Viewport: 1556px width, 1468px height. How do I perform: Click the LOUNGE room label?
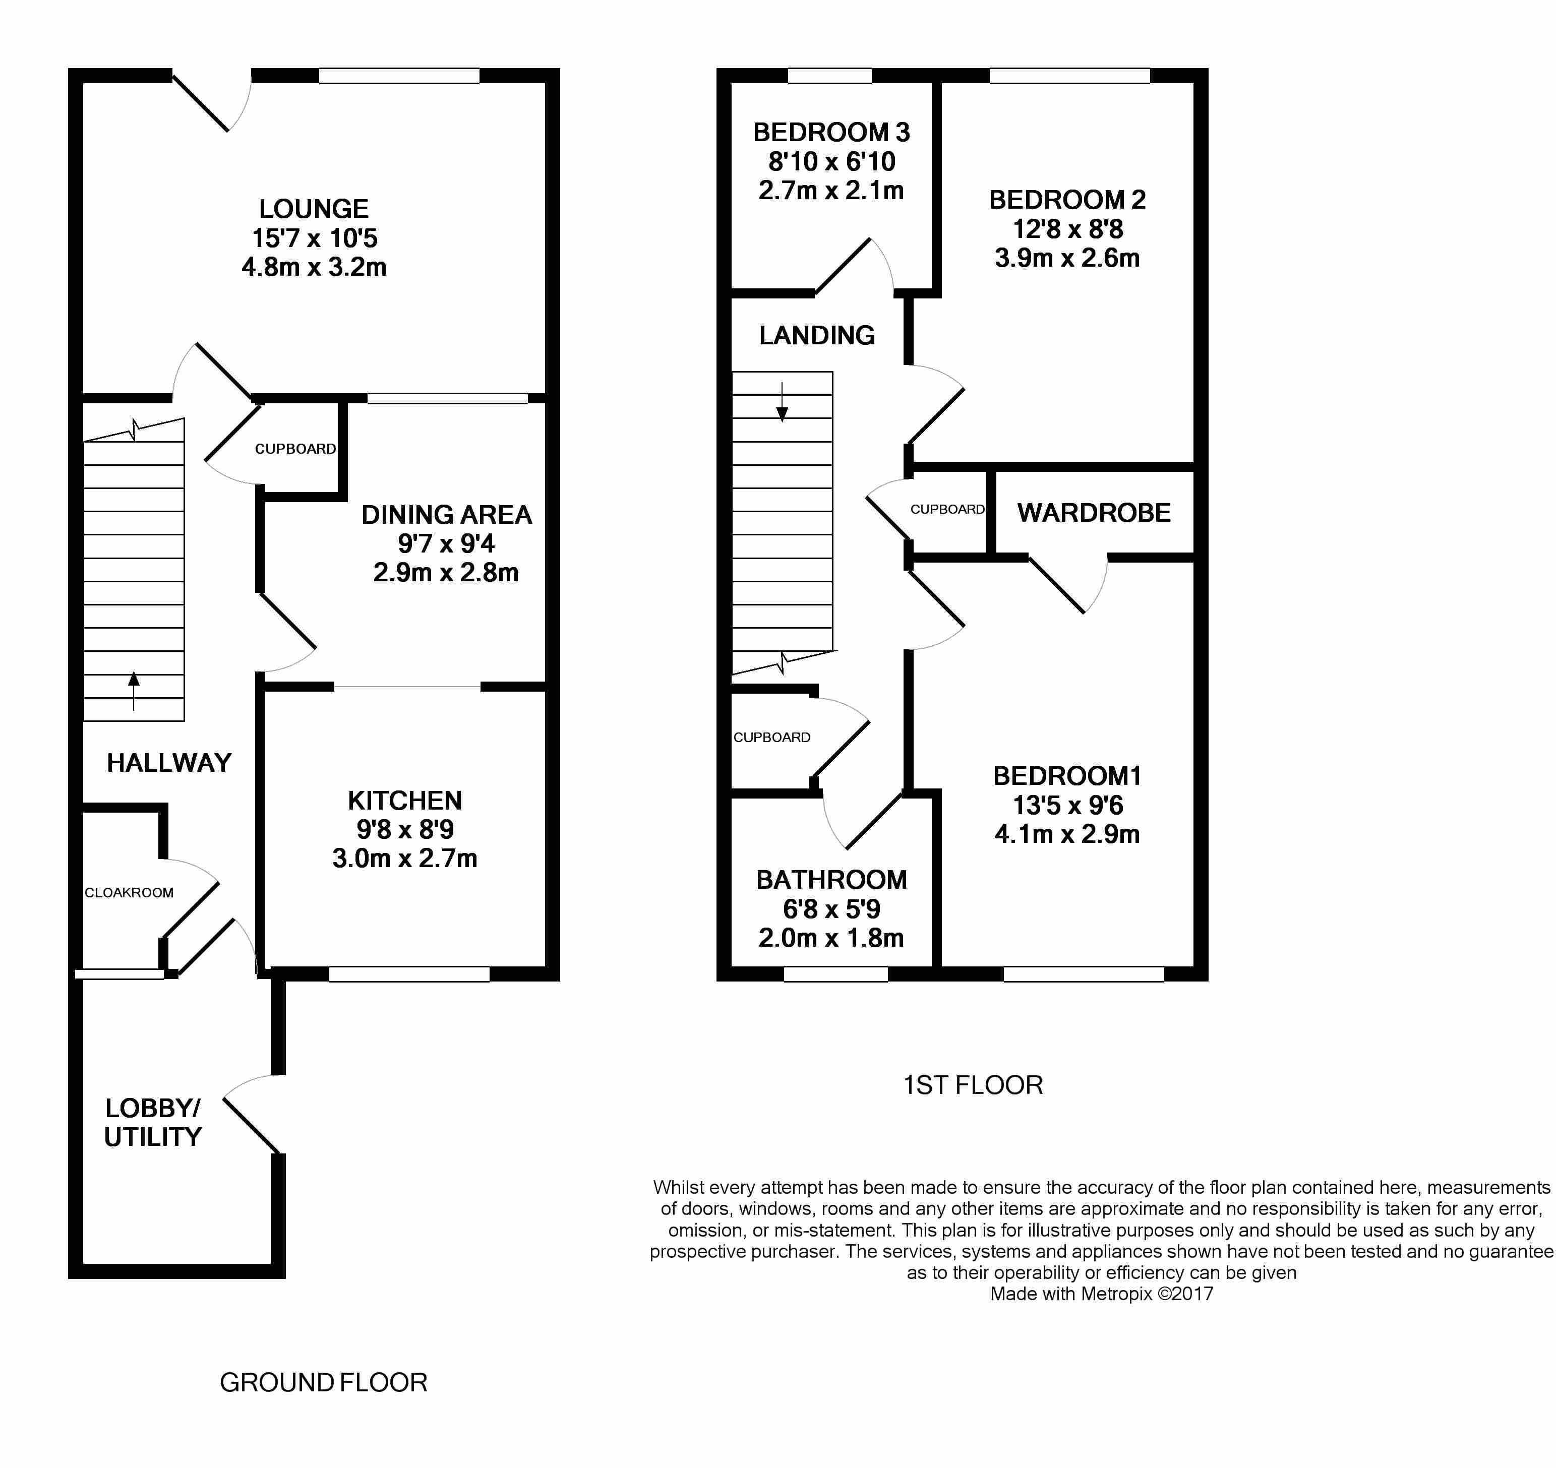314,209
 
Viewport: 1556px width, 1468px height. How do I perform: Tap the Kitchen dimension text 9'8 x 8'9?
405,829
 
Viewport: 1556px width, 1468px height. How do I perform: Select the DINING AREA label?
446,515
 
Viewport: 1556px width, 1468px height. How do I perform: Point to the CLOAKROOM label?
129,893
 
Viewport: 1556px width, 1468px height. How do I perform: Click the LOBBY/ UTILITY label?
153,1122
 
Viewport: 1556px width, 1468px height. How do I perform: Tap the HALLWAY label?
169,763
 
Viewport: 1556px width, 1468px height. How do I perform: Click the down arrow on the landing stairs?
782,402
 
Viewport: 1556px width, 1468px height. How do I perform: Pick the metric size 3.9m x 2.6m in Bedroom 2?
1067,258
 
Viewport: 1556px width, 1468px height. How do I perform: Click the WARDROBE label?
1094,513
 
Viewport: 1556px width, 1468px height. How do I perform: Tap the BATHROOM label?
831,880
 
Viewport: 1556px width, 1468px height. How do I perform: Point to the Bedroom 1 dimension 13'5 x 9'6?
1067,805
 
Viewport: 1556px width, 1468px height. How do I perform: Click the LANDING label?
817,336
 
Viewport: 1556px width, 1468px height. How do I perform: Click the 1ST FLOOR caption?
973,1085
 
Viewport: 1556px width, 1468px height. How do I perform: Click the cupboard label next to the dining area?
295,449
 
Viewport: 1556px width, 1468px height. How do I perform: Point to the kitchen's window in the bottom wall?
409,973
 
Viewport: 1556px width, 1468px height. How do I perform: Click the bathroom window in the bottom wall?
836,973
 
